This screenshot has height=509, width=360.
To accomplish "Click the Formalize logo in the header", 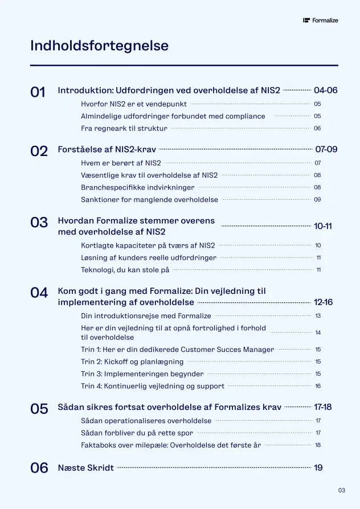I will pyautogui.click(x=321, y=20).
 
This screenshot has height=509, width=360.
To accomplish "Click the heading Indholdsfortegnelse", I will pyautogui.click(x=99, y=46).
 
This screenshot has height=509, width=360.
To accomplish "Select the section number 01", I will pyautogui.click(x=38, y=92).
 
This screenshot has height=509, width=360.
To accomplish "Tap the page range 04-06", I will pyautogui.click(x=325, y=91).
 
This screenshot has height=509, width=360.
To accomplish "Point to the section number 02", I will pyautogui.click(x=39, y=151).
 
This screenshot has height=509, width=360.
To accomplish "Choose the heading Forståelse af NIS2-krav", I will pyautogui.click(x=107, y=150).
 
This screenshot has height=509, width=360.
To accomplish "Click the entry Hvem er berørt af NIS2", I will pyautogui.click(x=121, y=163).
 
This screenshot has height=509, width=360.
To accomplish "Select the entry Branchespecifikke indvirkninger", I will pyautogui.click(x=137, y=187).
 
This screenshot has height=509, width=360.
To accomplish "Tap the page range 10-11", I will pyautogui.click(x=322, y=226).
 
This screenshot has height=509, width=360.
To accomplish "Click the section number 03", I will pyautogui.click(x=39, y=223).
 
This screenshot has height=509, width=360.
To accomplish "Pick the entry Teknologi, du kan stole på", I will pyautogui.click(x=125, y=270).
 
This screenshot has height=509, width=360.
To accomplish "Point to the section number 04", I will pyautogui.click(x=39, y=293).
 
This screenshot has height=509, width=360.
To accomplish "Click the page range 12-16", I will pyautogui.click(x=323, y=302).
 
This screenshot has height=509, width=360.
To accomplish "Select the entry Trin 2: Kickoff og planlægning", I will pyautogui.click(x=132, y=362).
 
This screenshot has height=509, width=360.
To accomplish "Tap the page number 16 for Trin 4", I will pyautogui.click(x=318, y=386).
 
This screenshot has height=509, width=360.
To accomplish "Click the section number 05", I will pyautogui.click(x=39, y=409).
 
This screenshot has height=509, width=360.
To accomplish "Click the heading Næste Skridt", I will pyautogui.click(x=86, y=468).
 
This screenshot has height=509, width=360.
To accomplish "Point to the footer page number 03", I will pyautogui.click(x=342, y=490).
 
